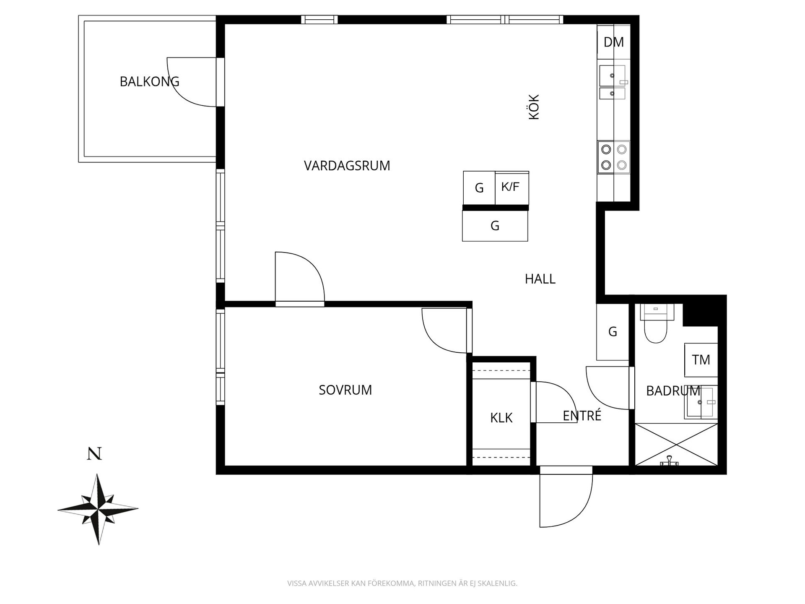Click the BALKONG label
(x=149, y=81)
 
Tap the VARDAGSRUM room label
(x=347, y=166)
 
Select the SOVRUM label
(x=345, y=390)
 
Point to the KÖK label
(x=534, y=107)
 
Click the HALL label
(x=540, y=279)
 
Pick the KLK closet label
(x=501, y=418)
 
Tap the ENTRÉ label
(x=582, y=415)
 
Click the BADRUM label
(x=673, y=391)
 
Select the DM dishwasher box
(x=614, y=42)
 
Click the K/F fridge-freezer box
(x=512, y=188)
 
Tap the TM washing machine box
(x=701, y=360)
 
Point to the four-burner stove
(x=614, y=157)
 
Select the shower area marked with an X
(x=676, y=445)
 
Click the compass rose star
(x=98, y=509)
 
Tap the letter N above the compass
(x=94, y=454)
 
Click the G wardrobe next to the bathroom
(x=613, y=332)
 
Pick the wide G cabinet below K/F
(x=495, y=226)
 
